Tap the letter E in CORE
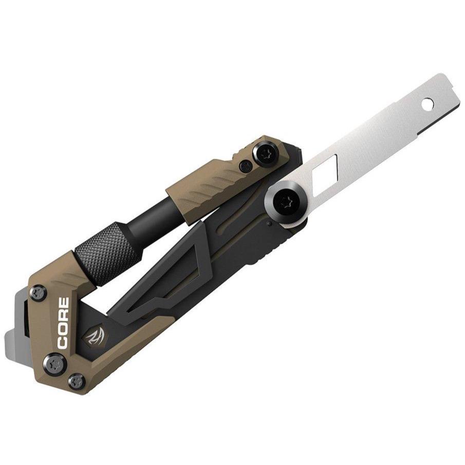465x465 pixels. [64, 303]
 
